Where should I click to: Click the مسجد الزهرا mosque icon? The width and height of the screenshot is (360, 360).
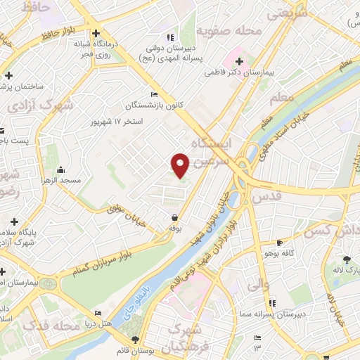(61, 169)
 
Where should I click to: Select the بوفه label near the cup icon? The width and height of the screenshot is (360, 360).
(174, 229)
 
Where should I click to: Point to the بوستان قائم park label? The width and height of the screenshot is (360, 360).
(146, 349)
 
